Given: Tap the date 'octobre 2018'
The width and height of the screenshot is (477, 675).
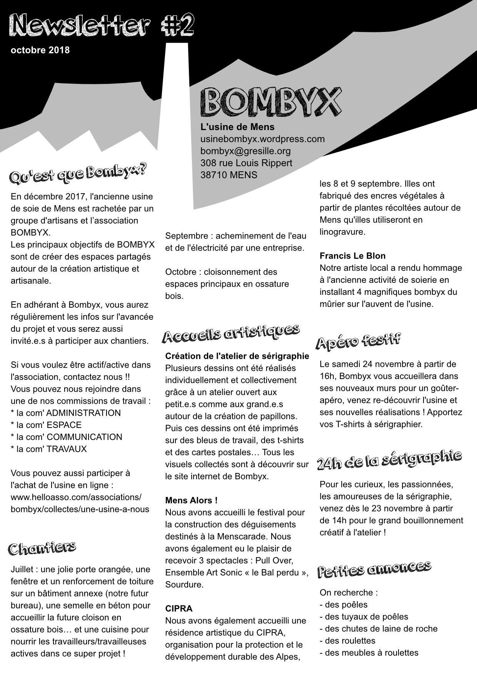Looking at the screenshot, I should [40, 50].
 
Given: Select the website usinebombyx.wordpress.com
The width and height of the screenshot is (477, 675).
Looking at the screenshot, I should [262, 139].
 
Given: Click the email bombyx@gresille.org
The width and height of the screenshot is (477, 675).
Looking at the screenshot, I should [245, 150].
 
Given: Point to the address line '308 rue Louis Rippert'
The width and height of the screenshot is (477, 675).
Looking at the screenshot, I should [246, 163].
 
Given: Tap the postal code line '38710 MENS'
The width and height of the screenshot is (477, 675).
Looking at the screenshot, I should [229, 175].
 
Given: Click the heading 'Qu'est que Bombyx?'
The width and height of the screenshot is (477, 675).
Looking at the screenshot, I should [78, 173].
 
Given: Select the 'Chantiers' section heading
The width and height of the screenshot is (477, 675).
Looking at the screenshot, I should [42, 548].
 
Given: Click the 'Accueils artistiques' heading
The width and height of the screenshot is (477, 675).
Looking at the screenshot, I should [231, 333].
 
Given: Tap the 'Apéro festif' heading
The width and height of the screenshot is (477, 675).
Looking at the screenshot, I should [358, 341].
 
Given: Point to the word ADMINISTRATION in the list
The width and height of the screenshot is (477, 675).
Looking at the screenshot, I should [83, 413].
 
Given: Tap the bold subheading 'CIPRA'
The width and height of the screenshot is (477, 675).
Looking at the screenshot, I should [179, 608].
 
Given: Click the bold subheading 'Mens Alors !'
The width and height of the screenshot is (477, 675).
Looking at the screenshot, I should [191, 500].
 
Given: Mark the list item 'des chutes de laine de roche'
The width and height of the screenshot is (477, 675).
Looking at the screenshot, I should [381, 628].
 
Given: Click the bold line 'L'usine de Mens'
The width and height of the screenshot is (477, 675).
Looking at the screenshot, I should [237, 127].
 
